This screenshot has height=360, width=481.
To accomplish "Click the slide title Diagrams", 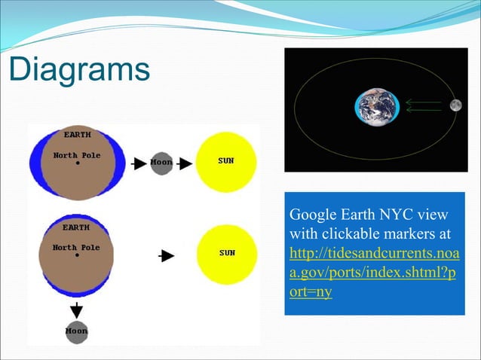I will pyautogui.click(x=79, y=70).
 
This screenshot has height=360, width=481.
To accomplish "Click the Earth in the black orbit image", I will pyautogui.click(x=377, y=106).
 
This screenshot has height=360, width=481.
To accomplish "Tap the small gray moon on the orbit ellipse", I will pyautogui.click(x=455, y=105).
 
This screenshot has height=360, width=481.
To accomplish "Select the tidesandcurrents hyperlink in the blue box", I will pyautogui.click(x=374, y=254).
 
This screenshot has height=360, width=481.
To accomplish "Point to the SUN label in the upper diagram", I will pyautogui.click(x=227, y=162).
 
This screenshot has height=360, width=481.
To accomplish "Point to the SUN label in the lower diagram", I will pyautogui.click(x=227, y=253).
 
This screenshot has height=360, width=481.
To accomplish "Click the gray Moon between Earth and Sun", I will pyautogui.click(x=161, y=162).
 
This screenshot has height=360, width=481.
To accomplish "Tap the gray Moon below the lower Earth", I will pyautogui.click(x=76, y=331).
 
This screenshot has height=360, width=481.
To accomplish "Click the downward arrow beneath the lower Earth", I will pyautogui.click(x=76, y=309).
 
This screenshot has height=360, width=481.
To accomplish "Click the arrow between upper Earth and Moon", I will pyautogui.click(x=139, y=163).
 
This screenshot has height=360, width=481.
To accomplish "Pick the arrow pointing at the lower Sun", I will pyautogui.click(x=166, y=255).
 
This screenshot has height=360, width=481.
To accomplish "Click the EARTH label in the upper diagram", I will pyautogui.click(x=76, y=135).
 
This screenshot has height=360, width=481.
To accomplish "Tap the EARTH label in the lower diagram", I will pyautogui.click(x=76, y=227).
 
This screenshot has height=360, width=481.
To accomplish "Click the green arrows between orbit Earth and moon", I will pyautogui.click(x=424, y=105).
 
